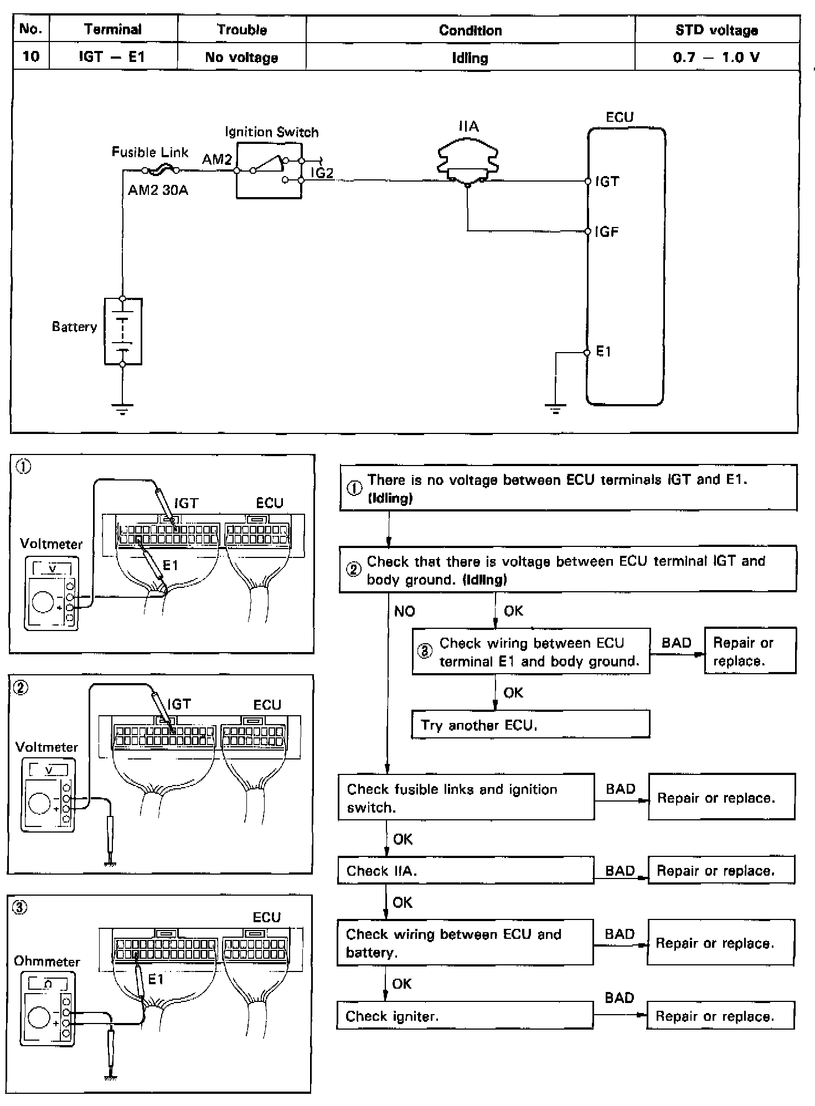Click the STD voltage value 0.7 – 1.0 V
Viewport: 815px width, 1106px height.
[716, 57]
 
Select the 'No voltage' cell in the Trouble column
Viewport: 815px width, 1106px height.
[241, 57]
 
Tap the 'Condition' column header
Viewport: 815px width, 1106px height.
[470, 30]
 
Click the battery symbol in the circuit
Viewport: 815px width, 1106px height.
[123, 331]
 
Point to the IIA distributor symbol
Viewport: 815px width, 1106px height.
[468, 161]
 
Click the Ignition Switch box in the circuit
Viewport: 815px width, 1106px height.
[269, 170]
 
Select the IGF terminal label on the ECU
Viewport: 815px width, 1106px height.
[607, 231]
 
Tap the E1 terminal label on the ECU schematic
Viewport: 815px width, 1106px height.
[603, 352]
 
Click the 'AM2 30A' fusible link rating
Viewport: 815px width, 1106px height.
[158, 190]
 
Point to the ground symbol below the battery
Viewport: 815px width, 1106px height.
[122, 410]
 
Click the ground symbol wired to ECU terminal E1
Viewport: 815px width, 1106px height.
[555, 410]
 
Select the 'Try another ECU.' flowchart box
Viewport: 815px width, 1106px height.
[530, 724]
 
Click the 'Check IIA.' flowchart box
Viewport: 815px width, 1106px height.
[466, 870]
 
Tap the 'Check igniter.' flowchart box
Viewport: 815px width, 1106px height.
[465, 1016]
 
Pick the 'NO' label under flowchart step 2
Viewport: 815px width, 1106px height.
[404, 611]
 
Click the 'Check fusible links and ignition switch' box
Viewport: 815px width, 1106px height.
[466, 797]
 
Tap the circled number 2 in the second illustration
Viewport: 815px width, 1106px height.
[20, 689]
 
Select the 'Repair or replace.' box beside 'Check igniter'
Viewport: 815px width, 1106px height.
[720, 1016]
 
